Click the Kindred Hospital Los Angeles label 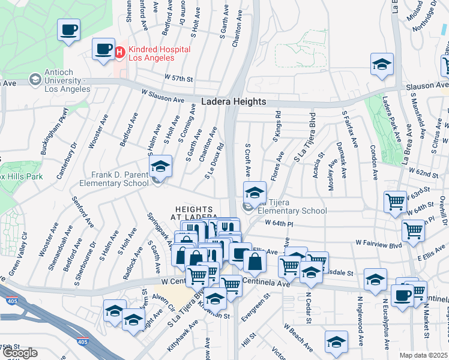(158, 53)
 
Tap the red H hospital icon (119, 53)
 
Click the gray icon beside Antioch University (35, 79)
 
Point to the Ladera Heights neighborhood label (234, 102)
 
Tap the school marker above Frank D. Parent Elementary (160, 167)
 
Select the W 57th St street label (179, 79)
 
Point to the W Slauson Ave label (163, 96)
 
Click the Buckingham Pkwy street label (52, 136)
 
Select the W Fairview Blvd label (378, 244)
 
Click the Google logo (20, 353)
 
